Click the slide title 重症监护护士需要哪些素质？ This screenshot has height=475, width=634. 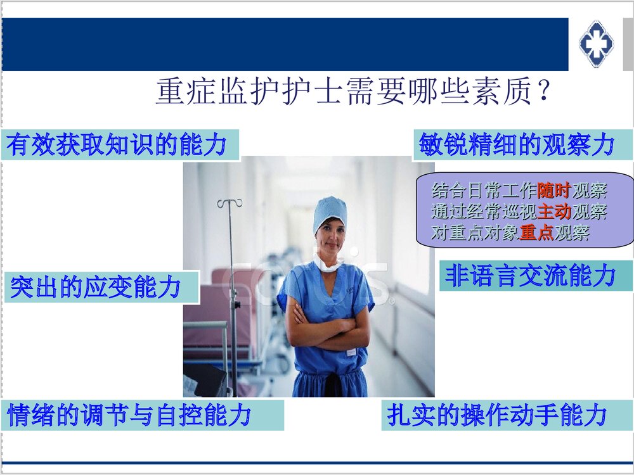[x=352, y=92]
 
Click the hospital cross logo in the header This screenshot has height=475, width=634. [x=596, y=43]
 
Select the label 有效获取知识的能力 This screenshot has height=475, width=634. [x=117, y=145]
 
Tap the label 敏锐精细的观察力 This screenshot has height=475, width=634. [x=517, y=145]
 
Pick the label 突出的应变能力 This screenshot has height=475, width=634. [x=96, y=288]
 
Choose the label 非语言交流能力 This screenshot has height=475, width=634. [x=530, y=276]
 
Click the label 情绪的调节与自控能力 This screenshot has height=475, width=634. [x=130, y=415]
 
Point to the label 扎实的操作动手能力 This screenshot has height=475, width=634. [x=498, y=415]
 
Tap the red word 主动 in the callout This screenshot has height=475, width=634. [x=553, y=212]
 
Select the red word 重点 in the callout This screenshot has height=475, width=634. [x=536, y=233]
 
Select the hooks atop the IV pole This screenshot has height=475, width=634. [x=230, y=203]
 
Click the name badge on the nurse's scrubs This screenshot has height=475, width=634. [x=351, y=351]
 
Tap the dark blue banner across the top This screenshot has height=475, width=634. [x=285, y=44]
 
